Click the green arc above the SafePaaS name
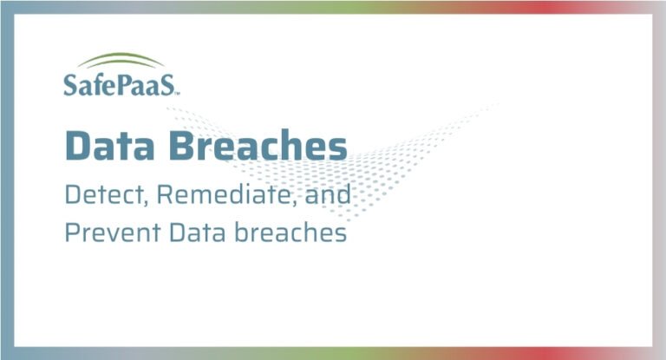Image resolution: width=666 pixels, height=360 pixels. pyautogui.click(x=120, y=61)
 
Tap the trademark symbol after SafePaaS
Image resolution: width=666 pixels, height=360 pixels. pyautogui.click(x=178, y=91)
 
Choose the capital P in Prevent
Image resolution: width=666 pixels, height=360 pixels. pyautogui.click(x=72, y=233)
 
